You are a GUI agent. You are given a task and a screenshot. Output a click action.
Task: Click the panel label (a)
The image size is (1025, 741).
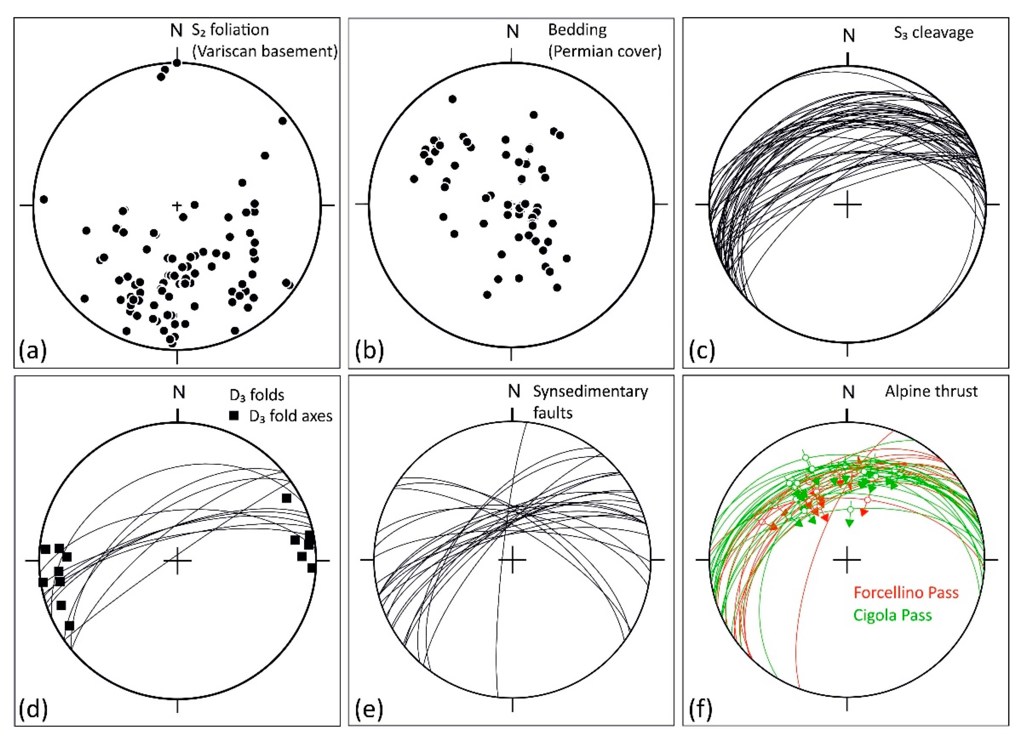tap(33, 350)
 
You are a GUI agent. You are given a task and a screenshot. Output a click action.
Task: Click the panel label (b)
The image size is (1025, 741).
tap(369, 350)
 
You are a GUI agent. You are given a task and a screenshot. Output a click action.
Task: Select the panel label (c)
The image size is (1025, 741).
tap(701, 350)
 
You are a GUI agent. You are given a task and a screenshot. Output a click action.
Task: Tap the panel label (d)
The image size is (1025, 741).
tap(33, 709)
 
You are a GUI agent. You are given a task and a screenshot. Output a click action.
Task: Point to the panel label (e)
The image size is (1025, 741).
tap(369, 709)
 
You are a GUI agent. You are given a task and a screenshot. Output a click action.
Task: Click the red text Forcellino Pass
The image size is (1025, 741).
tap(906, 592)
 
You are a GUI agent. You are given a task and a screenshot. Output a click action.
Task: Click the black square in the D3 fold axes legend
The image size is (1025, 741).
tap(234, 416)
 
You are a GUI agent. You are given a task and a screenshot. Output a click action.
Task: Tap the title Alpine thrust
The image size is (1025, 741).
tap(931, 392)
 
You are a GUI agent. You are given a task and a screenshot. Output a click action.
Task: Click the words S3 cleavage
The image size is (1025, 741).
tap(934, 33)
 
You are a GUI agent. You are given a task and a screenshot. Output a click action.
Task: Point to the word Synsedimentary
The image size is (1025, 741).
tap(590, 392)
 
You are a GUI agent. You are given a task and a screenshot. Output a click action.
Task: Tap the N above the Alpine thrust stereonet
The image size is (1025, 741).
tap(848, 392)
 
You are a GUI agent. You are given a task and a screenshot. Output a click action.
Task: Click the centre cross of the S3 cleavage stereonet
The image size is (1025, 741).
tap(847, 204)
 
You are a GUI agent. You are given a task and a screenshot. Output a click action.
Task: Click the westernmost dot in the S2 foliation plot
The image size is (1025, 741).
tap(44, 199)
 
